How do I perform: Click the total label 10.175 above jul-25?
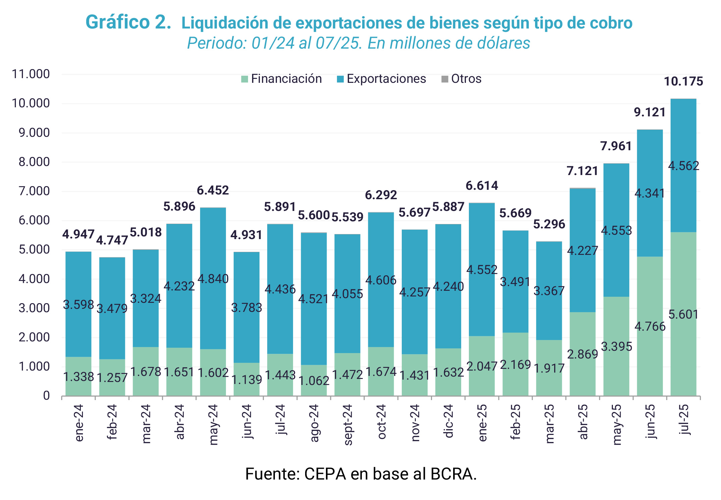pos(683,81)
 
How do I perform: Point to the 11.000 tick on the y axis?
pos(31,74)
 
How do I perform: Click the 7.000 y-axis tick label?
pos(31,191)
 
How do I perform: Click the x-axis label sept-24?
pos(348,425)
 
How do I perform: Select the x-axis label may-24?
pos(213,425)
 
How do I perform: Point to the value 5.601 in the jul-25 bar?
pos(683,315)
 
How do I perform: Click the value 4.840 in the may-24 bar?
pos(213,279)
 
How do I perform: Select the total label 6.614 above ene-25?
pos(482,186)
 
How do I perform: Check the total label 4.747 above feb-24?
pos(112,240)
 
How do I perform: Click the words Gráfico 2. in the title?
pos(129,22)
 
